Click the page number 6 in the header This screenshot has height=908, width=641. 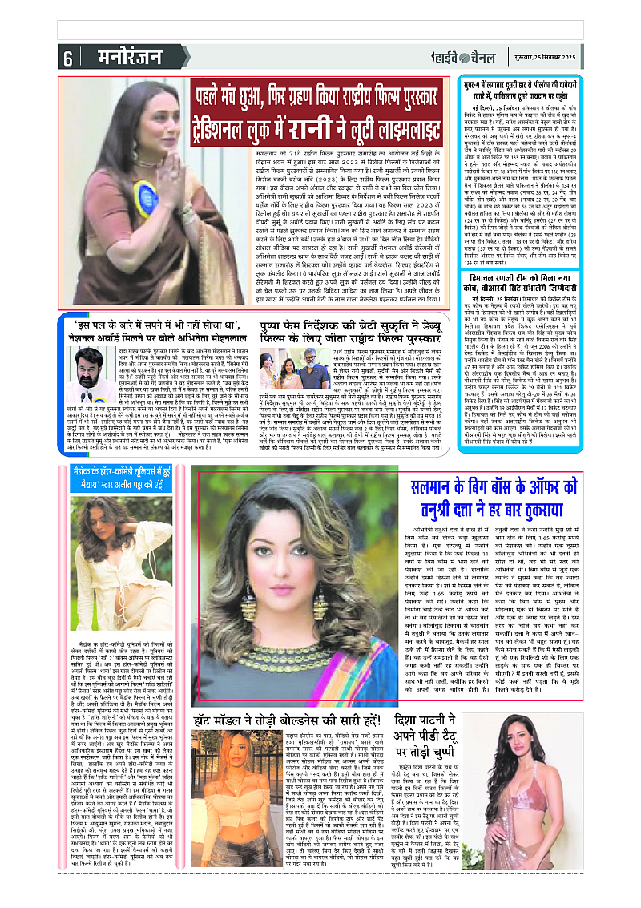point(67,59)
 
